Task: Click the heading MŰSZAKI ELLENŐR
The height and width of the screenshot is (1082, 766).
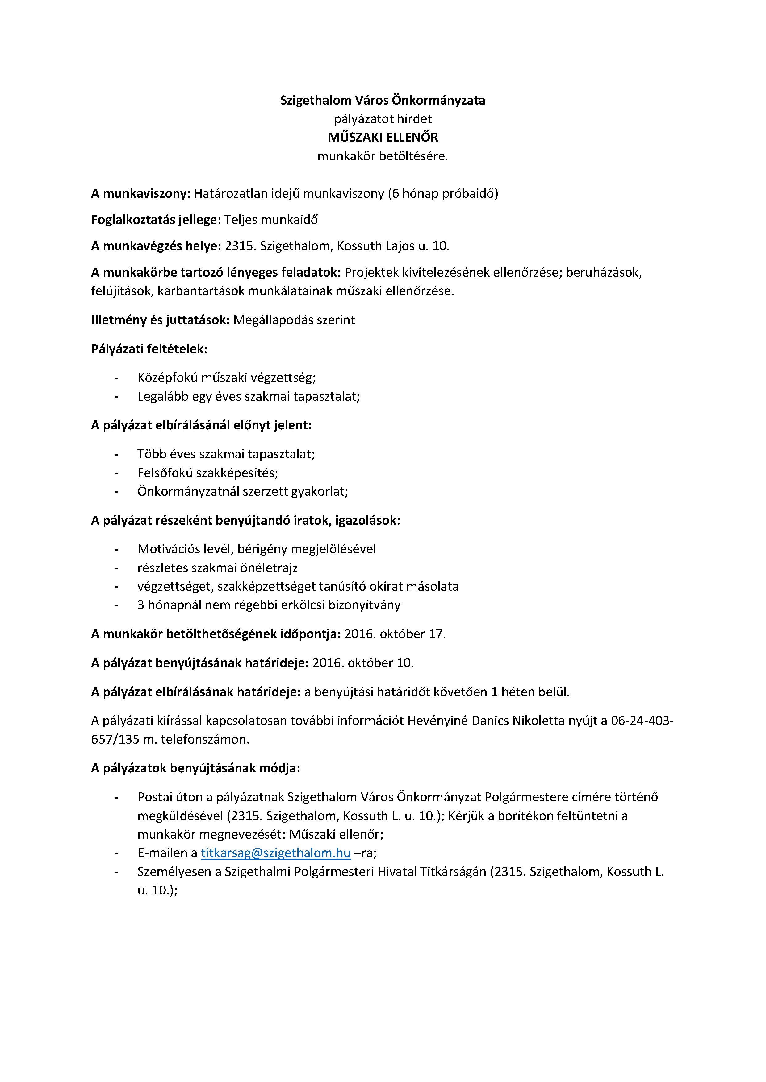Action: pyautogui.click(x=383, y=137)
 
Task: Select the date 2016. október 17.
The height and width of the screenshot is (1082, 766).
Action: pyautogui.click(x=395, y=634)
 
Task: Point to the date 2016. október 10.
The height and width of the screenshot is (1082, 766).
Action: pyautogui.click(x=363, y=663)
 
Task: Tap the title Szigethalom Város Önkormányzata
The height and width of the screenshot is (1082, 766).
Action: pyautogui.click(x=383, y=100)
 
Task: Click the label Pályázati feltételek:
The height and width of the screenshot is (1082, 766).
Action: pyautogui.click(x=149, y=349)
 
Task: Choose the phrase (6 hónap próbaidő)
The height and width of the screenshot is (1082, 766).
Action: pyautogui.click(x=443, y=194)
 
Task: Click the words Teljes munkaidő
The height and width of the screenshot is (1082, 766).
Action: pyautogui.click(x=271, y=220)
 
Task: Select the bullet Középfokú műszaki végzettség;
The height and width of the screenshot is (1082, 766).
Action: pyautogui.click(x=226, y=378)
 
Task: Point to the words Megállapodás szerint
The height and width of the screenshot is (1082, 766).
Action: pyautogui.click(x=294, y=320)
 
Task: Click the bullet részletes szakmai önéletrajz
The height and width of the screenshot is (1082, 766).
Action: pyautogui.click(x=217, y=568)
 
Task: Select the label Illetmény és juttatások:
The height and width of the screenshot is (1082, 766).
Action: pyautogui.click(x=160, y=320)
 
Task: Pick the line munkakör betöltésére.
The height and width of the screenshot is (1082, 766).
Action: pyautogui.click(x=383, y=156)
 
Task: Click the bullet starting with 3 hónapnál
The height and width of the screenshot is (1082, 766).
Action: pyautogui.click(x=269, y=605)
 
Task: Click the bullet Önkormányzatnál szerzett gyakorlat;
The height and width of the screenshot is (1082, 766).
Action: pyautogui.click(x=242, y=492)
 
